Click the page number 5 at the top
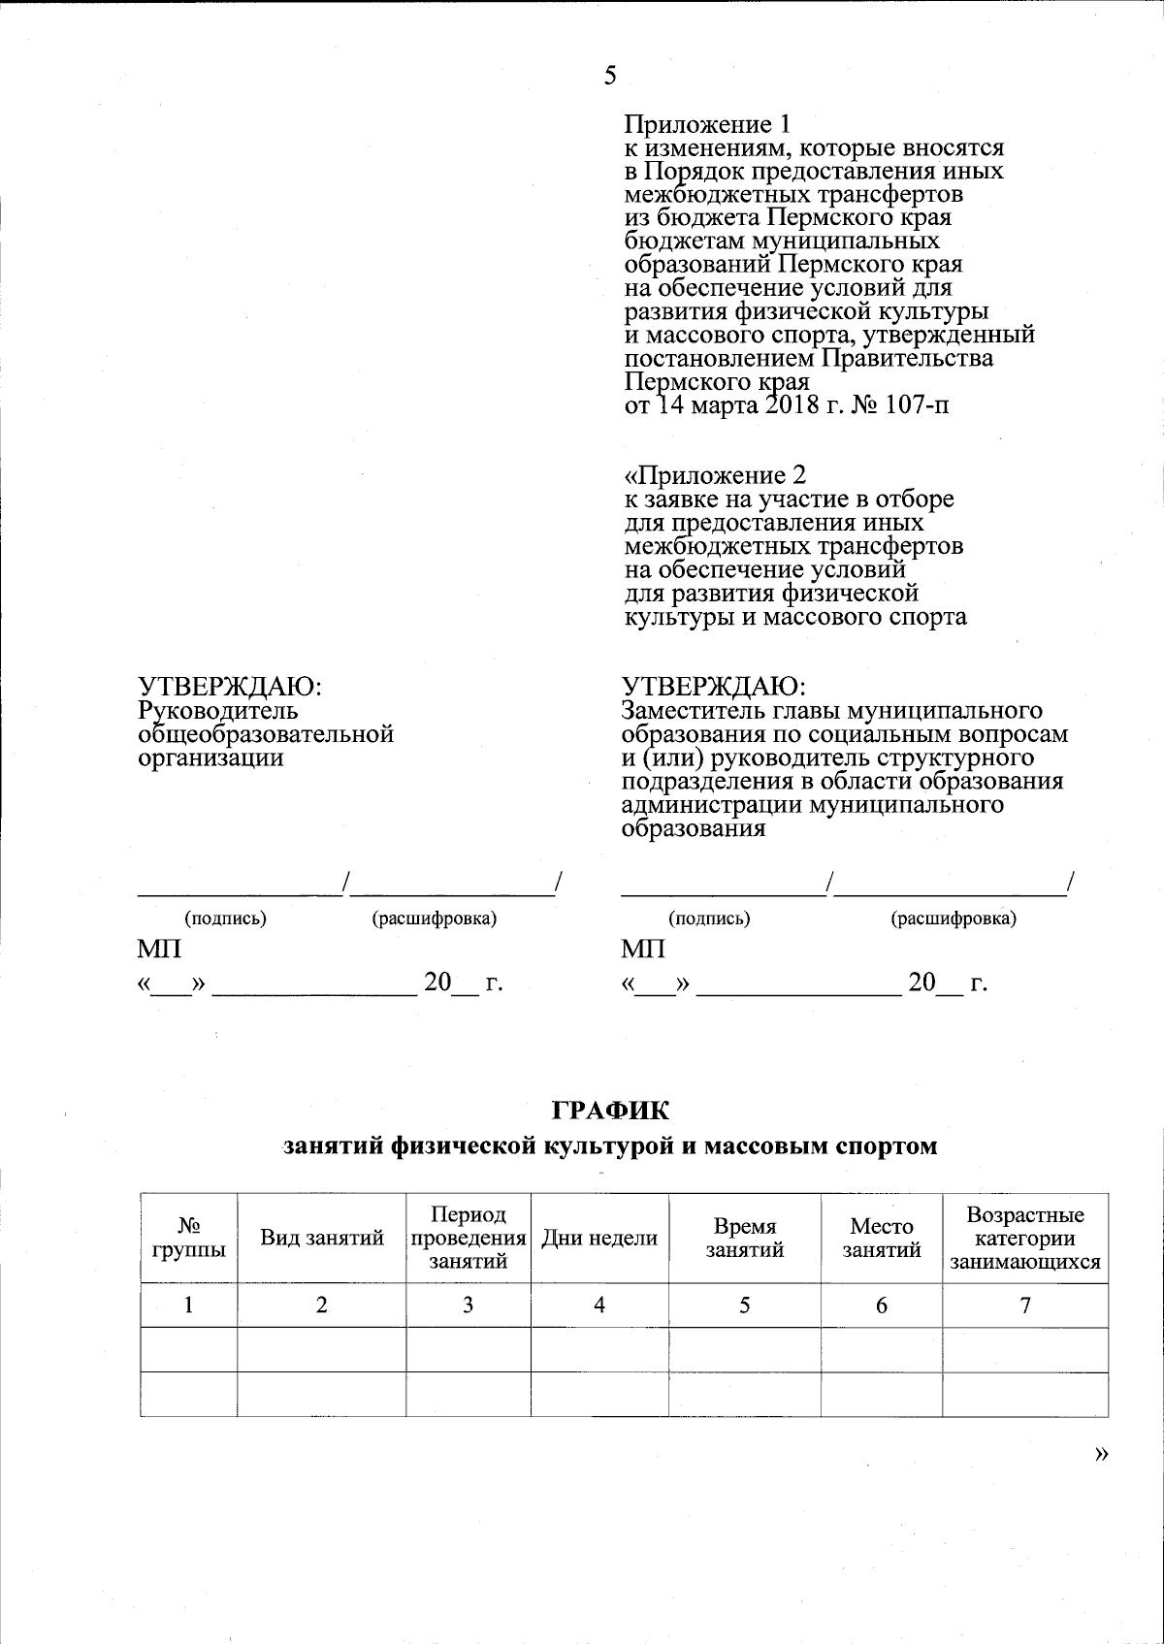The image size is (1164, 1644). [610, 77]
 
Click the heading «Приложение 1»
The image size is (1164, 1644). [707, 125]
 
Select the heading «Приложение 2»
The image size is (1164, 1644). [715, 475]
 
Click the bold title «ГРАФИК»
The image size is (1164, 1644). [610, 1108]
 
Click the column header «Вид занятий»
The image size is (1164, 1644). [322, 1238]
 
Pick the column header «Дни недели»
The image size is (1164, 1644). [599, 1238]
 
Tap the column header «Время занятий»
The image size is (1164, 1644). [744, 1238]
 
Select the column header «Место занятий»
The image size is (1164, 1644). [881, 1238]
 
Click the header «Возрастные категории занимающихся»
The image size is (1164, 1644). [1025, 1239]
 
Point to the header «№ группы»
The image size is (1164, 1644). [189, 1238]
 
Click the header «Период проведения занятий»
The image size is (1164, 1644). [469, 1238]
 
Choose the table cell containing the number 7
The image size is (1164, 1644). [1025, 1306]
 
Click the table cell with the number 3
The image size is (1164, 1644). [469, 1306]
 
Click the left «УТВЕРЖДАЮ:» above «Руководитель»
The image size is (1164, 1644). [230, 686]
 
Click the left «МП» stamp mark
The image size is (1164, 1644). [160, 949]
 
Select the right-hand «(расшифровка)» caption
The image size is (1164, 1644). [953, 918]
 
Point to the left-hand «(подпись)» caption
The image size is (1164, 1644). [225, 918]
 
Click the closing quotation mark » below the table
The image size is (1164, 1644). [1099, 1454]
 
